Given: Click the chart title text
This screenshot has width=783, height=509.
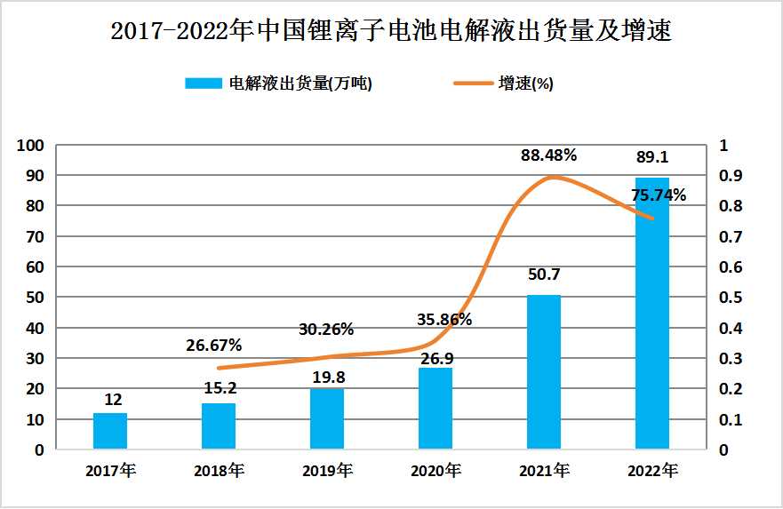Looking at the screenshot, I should [x=391, y=32].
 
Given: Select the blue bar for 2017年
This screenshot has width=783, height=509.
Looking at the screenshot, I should [x=110, y=431].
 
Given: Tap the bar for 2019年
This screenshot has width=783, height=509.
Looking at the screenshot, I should [x=327, y=419].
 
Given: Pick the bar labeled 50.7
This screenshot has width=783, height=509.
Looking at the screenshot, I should [x=543, y=372].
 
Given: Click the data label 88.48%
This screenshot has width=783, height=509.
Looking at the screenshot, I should [x=548, y=155].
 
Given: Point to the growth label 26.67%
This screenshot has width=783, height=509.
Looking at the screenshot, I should [x=213, y=345].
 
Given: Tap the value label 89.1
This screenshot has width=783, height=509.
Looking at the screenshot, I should [x=651, y=157].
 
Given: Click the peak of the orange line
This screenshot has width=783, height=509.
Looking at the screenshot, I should [x=553, y=177].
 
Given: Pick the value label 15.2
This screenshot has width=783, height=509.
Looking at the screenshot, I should [x=219, y=387].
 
